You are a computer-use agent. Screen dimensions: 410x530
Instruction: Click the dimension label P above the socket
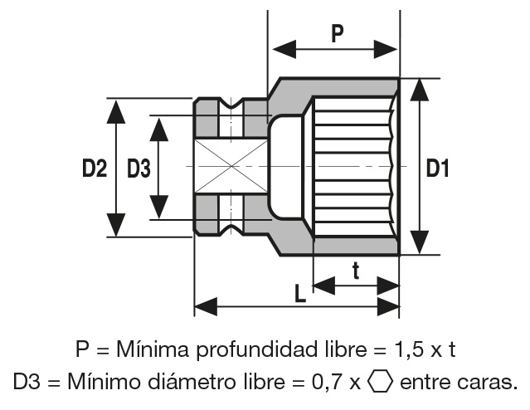coord(337,33)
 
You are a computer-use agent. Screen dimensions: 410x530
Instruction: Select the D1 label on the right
coord(438,168)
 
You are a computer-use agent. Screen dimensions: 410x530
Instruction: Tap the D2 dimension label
coord(95,169)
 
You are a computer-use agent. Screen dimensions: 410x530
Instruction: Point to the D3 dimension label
coord(139,169)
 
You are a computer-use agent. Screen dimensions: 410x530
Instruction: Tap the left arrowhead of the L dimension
coord(204,305)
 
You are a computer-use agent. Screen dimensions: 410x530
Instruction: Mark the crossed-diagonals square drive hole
coord(231,167)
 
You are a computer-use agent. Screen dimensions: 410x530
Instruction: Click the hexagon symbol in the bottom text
coord(380,383)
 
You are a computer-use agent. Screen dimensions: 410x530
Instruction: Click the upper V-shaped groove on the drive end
coord(233,105)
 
